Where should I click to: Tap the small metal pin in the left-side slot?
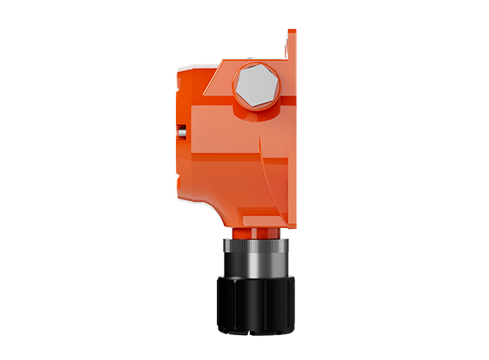pyautogui.click(x=181, y=131)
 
